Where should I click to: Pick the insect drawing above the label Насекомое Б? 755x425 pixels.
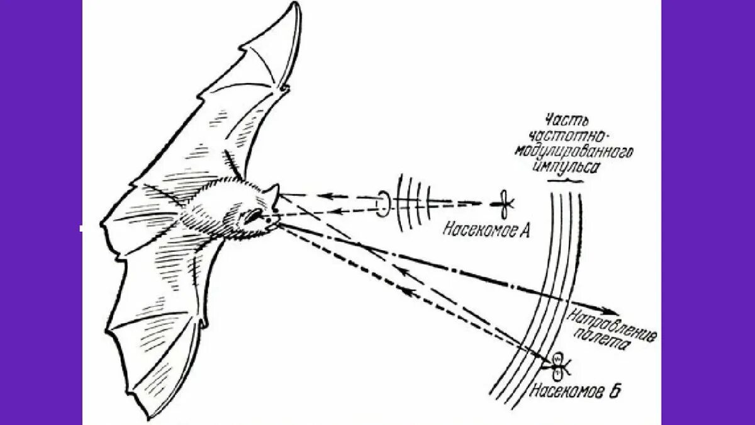pyautogui.click(x=558, y=361)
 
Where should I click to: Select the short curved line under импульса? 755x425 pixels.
pyautogui.click(x=564, y=181)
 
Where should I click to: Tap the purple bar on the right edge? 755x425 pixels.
pyautogui.click(x=708, y=212)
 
